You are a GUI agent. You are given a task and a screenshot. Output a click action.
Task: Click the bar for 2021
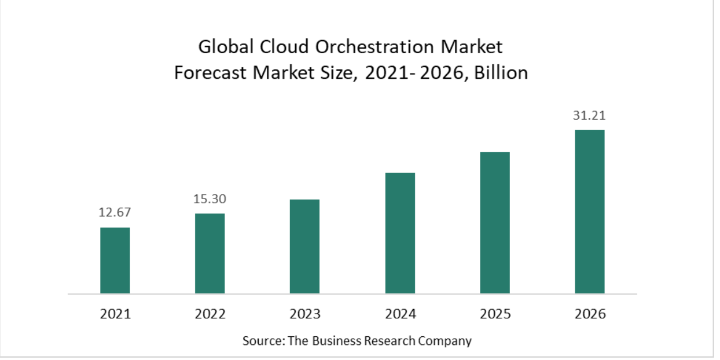[x=115, y=260]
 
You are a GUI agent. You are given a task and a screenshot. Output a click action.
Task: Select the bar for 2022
[x=210, y=254]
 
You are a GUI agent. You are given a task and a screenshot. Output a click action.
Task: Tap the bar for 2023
[x=304, y=247]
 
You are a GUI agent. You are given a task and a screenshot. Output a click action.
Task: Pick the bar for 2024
[x=400, y=233]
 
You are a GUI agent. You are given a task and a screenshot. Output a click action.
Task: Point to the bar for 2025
[x=495, y=223]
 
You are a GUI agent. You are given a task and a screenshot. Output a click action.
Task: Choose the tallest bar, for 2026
[x=589, y=212]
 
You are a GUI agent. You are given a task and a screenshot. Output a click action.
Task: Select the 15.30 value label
[x=210, y=199]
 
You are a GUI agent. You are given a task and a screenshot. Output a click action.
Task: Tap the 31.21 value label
[x=589, y=116]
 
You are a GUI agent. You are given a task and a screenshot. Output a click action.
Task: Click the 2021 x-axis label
[x=115, y=314]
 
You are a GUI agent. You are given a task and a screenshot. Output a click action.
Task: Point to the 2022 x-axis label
[x=210, y=314]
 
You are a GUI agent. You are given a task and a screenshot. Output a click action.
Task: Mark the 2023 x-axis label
[x=305, y=314]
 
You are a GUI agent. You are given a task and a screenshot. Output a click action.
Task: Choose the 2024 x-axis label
[x=400, y=314]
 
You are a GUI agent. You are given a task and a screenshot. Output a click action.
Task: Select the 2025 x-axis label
[x=495, y=314]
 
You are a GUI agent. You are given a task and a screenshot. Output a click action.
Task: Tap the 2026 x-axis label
[x=590, y=314]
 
